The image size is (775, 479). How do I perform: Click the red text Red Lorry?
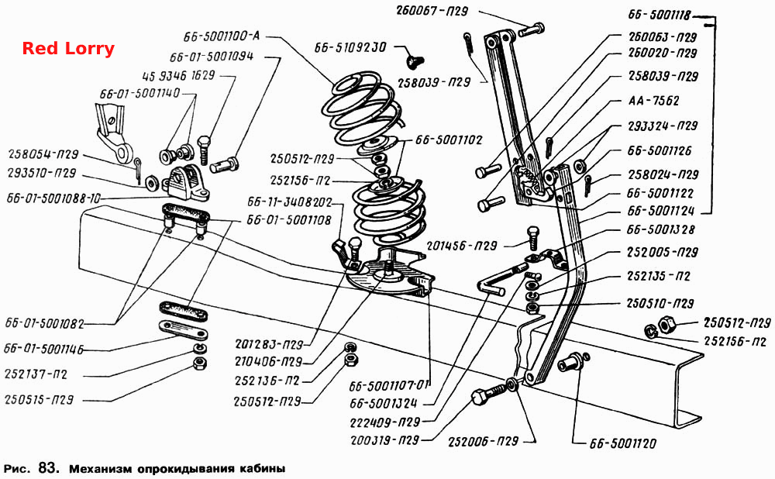68,49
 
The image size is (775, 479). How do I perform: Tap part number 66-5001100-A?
222,36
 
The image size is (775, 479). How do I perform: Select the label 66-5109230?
350,47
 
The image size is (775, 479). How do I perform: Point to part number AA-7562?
653,102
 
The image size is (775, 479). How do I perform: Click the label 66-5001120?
623,443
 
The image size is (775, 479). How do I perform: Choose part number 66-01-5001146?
43,349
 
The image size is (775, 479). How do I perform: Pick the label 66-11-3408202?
289,202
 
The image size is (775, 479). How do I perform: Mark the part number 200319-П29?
384,440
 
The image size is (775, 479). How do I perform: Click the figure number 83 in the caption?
48,467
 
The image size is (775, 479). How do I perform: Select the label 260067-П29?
432,11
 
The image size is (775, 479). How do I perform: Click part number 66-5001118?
660,15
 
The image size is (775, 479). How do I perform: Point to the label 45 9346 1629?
178,76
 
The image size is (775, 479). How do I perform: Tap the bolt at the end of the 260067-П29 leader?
532,29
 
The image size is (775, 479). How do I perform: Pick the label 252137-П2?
36,374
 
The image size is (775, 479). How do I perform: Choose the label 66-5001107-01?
390,385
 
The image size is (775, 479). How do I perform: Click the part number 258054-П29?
43,155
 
